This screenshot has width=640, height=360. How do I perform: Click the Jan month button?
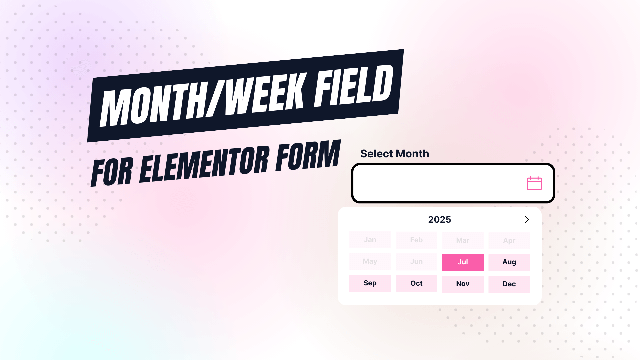[x=370, y=240]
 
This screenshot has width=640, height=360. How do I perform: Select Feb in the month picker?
[x=416, y=240]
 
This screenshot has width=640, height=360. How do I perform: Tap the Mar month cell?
[x=463, y=240]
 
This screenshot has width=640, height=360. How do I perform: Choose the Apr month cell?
[x=509, y=241]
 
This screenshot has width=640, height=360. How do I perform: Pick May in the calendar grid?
[x=370, y=261]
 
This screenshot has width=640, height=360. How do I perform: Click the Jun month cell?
[x=416, y=262]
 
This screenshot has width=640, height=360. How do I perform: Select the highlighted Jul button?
[x=463, y=262]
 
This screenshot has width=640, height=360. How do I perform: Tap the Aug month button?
[x=509, y=262]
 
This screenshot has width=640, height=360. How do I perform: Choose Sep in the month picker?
[x=370, y=283]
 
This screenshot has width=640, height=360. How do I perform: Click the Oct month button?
[x=416, y=283]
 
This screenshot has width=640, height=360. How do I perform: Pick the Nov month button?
[x=463, y=284]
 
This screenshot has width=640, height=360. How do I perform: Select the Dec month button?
[x=509, y=284]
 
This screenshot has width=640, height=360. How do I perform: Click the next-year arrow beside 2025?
[x=527, y=219]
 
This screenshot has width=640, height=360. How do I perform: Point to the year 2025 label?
[x=439, y=220]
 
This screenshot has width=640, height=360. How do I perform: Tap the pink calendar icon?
[x=534, y=183]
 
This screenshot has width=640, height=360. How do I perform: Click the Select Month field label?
[x=394, y=154]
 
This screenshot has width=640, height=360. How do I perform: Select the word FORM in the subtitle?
[x=308, y=155]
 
